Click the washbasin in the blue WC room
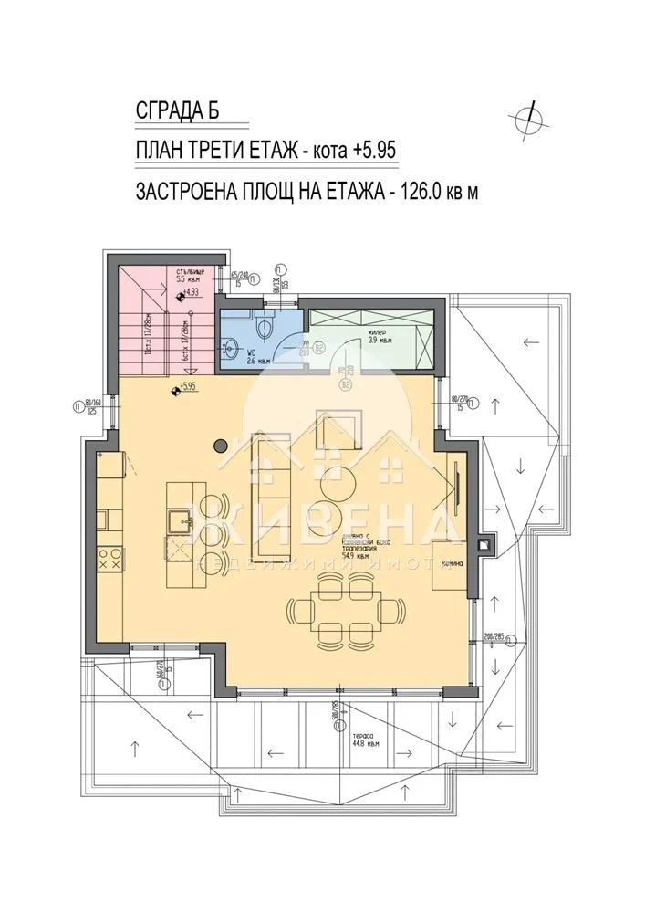[x=229, y=348]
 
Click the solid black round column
[x=220, y=446]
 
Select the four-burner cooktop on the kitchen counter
[x=112, y=560]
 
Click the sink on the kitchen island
[x=176, y=522]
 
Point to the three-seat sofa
[x=271, y=497]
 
